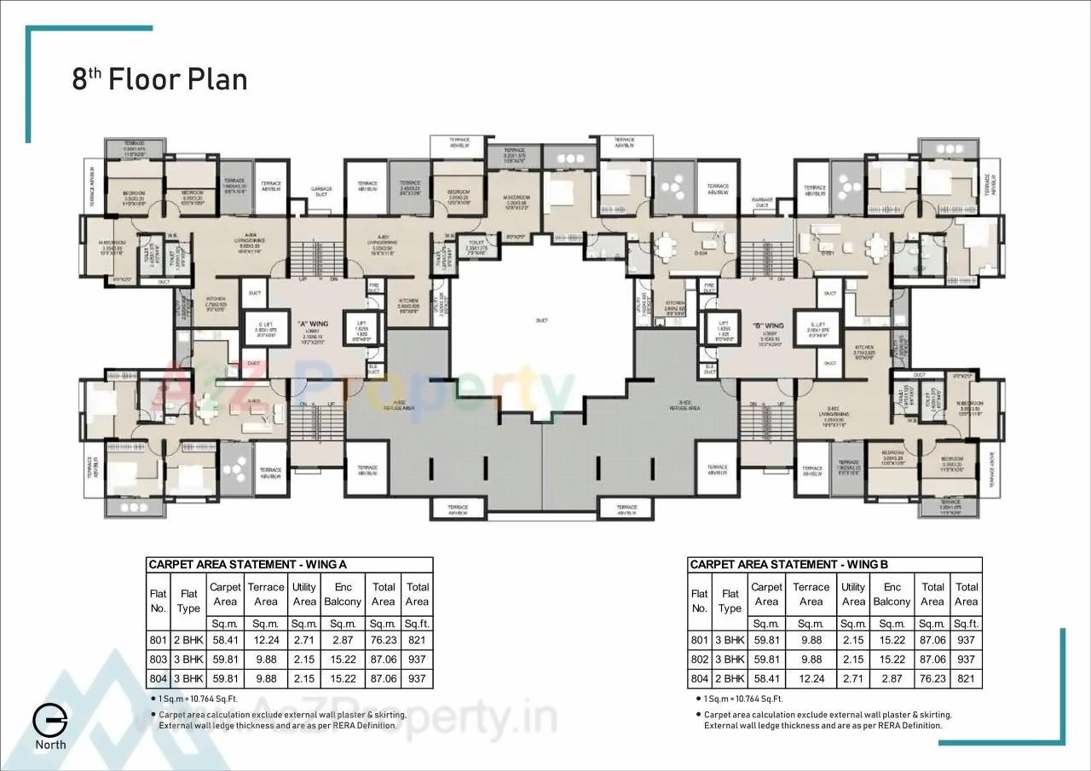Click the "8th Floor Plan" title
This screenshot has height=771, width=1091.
[x=159, y=79]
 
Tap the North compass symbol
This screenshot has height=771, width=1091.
[x=50, y=721]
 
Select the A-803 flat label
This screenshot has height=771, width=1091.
[x=253, y=400]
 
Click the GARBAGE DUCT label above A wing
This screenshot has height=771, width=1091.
[x=321, y=191]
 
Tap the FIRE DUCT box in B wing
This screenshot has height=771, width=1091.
[x=709, y=289]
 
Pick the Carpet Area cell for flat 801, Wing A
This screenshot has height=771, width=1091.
[x=225, y=640]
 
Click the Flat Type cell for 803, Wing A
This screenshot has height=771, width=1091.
[x=188, y=659]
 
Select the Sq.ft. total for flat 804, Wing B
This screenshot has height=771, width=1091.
[x=967, y=679]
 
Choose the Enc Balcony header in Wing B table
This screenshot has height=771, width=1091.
[x=892, y=594]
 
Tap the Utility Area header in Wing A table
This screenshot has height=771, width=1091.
[x=304, y=594]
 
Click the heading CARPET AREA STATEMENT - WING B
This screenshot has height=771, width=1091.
[x=788, y=565]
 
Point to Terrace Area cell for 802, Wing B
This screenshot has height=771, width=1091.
[x=811, y=659]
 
